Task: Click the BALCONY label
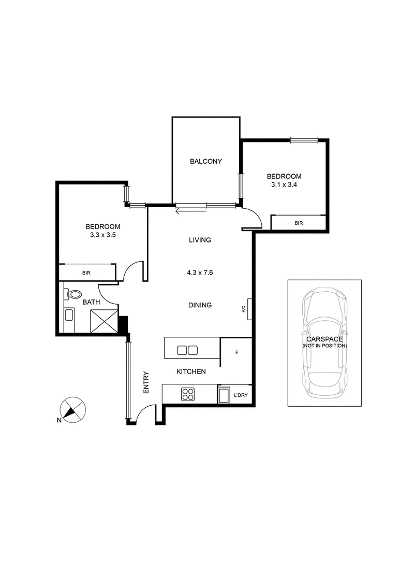[205, 161]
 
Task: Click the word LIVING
[200, 240]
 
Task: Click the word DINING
[200, 305]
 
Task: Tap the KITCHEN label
[191, 371]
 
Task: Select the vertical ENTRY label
[146, 382]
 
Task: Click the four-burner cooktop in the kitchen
[188, 394]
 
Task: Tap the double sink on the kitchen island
[187, 350]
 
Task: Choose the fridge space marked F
[236, 352]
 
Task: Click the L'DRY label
[241, 396]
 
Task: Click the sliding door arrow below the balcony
[191, 210]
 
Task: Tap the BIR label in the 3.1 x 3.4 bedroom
[298, 223]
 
